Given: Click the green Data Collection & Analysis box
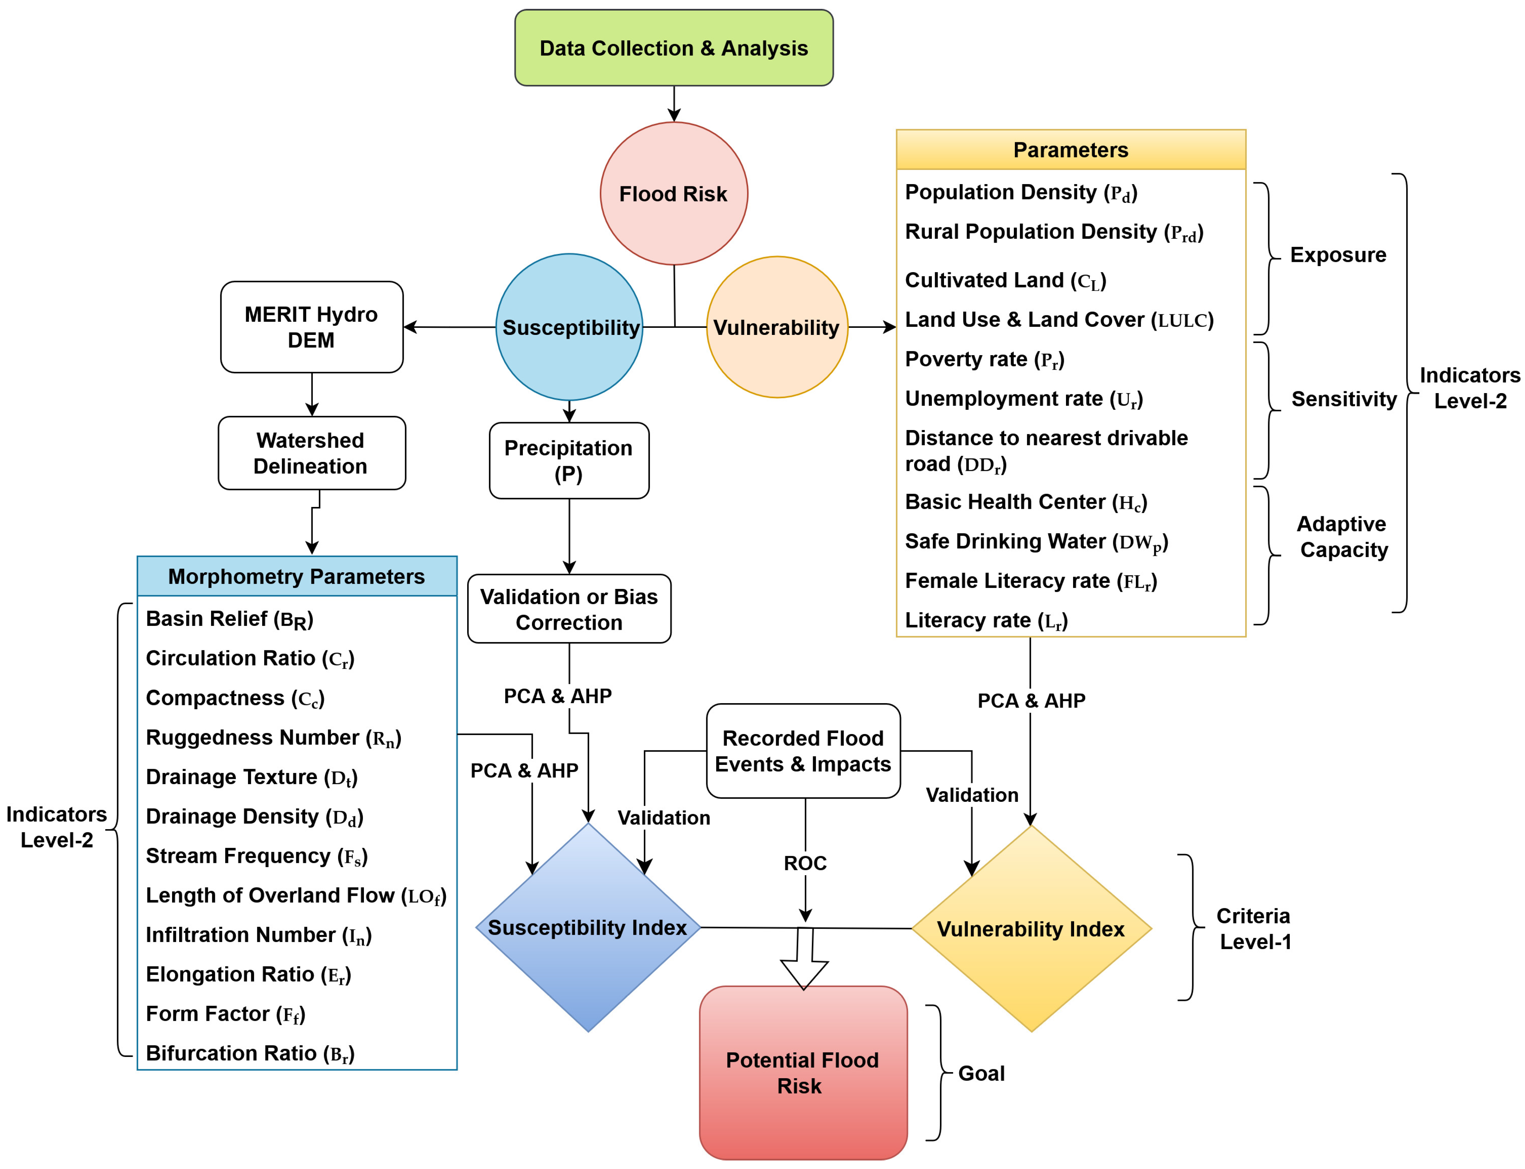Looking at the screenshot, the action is click(x=673, y=48).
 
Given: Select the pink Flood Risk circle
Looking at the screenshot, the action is click(x=673, y=193).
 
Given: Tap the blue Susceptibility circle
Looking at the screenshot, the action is click(x=569, y=327).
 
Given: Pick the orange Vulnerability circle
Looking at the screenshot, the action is click(x=777, y=327).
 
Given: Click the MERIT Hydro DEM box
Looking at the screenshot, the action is click(x=312, y=327).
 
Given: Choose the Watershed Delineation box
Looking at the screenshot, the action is click(x=312, y=453).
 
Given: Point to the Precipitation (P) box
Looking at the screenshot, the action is click(x=569, y=461).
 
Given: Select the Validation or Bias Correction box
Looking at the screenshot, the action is click(x=569, y=609).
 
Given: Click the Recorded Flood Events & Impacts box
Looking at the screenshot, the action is click(x=803, y=751).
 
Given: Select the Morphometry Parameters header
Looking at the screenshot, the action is click(x=297, y=576).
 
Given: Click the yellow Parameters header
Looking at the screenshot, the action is click(x=1071, y=150).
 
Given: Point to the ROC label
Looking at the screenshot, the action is click(x=805, y=863).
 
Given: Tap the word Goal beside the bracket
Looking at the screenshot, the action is click(x=981, y=1073).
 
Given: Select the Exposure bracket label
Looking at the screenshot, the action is click(x=1338, y=255).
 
